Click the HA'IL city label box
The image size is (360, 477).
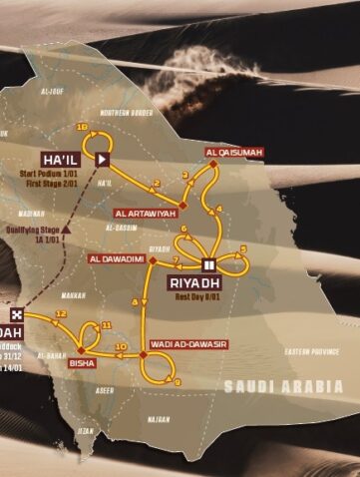[59, 158]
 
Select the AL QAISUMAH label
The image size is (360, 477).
[225, 153]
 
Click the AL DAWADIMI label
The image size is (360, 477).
[119, 259]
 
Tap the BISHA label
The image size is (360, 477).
[81, 363]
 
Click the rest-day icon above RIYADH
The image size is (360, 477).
[209, 264]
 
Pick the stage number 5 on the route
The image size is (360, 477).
[242, 247]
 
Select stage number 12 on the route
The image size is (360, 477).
[62, 313]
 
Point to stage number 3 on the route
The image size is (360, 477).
[185, 176]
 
